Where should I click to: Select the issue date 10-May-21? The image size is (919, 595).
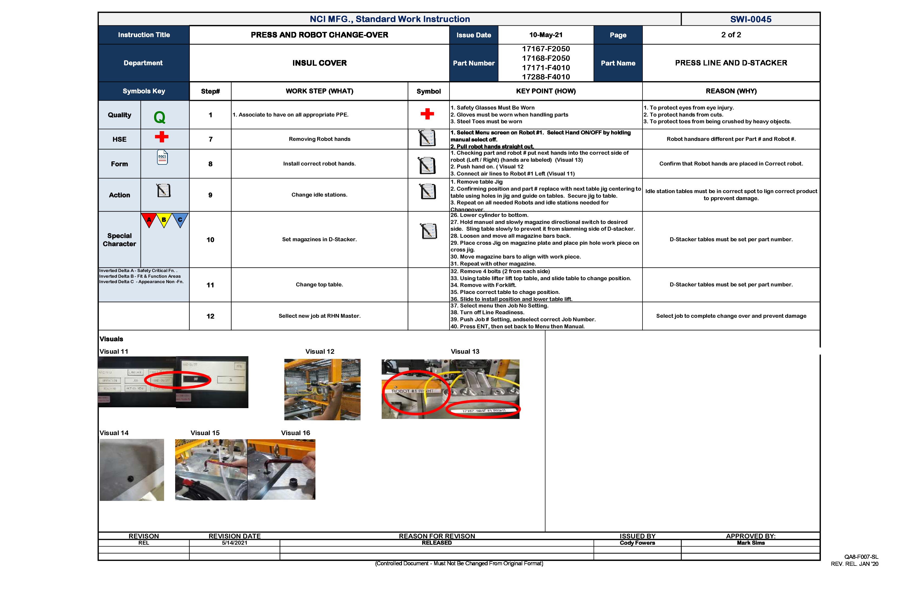(x=546, y=35)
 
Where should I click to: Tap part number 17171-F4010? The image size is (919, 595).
(x=546, y=68)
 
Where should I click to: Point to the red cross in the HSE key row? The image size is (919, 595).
(x=161, y=137)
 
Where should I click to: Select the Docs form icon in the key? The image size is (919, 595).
(x=162, y=157)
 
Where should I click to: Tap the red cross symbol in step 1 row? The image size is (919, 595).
(x=427, y=114)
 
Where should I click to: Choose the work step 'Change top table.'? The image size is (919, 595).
(x=319, y=285)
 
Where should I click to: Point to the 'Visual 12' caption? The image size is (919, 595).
(x=320, y=352)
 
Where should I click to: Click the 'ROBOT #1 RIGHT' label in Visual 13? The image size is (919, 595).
(x=412, y=391)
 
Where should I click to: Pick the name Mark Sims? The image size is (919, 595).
(x=750, y=543)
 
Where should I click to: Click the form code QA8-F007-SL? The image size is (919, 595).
(x=861, y=557)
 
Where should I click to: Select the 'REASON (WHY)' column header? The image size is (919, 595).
(x=731, y=91)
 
